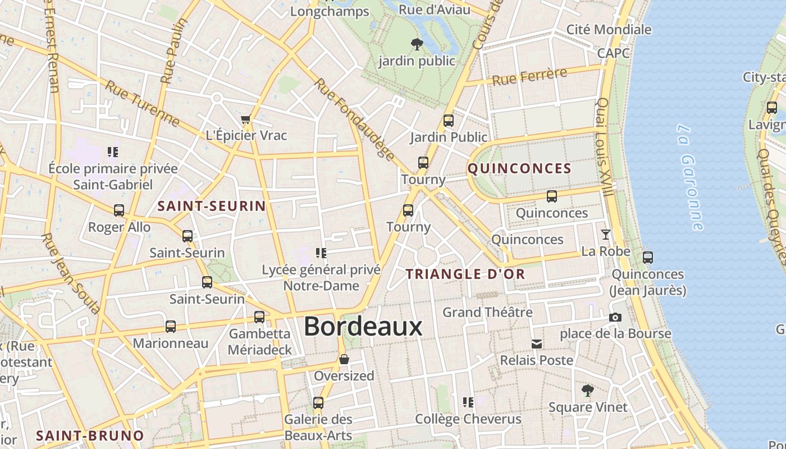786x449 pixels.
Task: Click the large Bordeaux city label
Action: (x=363, y=326)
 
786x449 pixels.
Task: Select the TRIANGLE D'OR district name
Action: (x=465, y=274)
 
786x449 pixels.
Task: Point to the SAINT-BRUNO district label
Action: (x=90, y=436)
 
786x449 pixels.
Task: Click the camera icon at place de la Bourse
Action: (x=615, y=318)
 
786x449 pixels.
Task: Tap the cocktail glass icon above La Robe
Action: (x=606, y=235)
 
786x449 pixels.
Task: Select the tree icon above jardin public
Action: (x=417, y=44)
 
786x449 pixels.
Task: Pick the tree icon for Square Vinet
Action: (x=588, y=390)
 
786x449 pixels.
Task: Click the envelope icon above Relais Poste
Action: (x=537, y=343)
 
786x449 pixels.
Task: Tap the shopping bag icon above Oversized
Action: (x=344, y=359)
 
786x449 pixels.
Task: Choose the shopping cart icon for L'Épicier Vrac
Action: (x=245, y=119)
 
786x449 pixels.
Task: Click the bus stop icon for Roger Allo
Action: (x=119, y=210)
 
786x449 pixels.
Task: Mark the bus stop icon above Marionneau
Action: (x=171, y=326)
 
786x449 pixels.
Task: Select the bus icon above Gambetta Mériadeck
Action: (x=259, y=317)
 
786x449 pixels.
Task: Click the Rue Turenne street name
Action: (x=143, y=104)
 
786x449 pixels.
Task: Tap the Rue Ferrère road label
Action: (x=529, y=77)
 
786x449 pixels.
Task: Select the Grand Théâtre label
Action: (x=487, y=312)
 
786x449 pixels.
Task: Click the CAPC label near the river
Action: (x=613, y=53)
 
